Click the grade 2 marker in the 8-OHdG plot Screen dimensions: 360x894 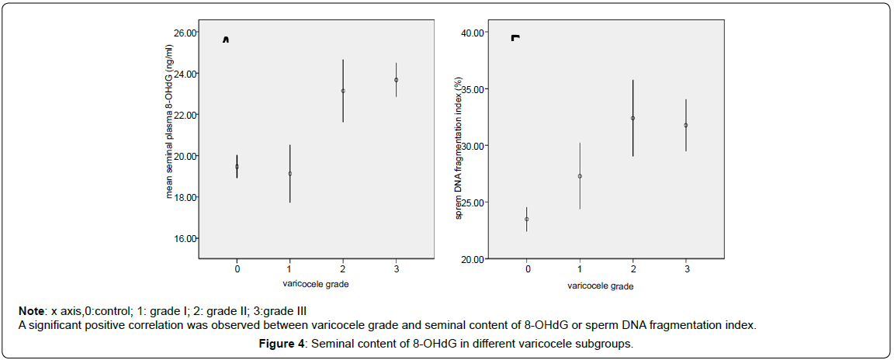pos(343,91)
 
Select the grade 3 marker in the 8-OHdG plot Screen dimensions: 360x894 pos(396,80)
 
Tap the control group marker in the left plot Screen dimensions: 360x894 pos(237,166)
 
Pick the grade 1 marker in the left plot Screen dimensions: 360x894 pos(289,174)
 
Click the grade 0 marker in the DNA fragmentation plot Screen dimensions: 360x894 pos(527,219)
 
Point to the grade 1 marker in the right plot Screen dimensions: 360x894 pos(580,176)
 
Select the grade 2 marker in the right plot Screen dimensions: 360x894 pos(632,118)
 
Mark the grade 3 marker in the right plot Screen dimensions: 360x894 pos(685,125)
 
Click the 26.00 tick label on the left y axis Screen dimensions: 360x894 pos(185,33)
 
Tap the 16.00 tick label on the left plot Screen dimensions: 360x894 pos(185,238)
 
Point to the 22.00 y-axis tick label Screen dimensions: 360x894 pos(185,115)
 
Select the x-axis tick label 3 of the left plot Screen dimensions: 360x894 pos(396,268)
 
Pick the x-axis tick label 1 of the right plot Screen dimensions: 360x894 pos(580,269)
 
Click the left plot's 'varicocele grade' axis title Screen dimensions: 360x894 pos(316,284)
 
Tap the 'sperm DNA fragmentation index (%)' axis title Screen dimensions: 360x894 pos(459,147)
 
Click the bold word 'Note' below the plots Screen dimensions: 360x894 pos(32,311)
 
